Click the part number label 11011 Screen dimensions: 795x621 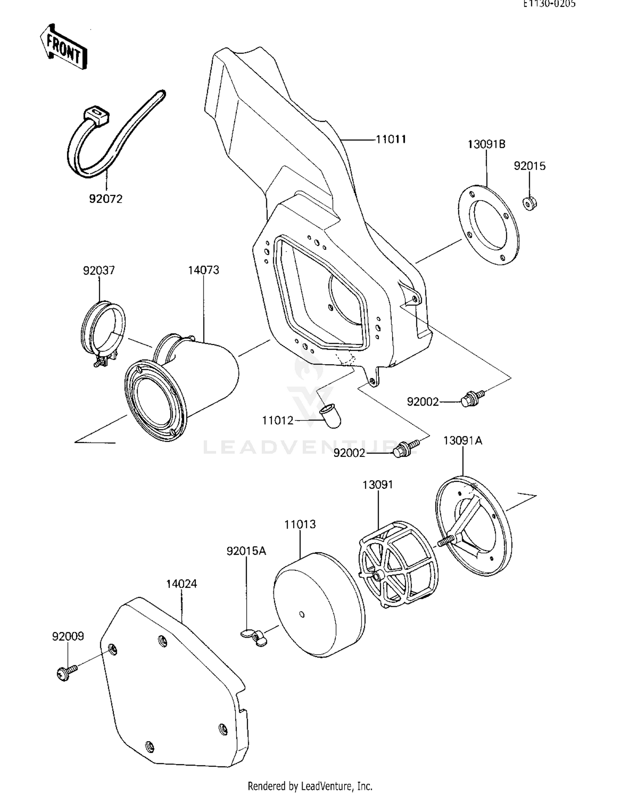point(390,139)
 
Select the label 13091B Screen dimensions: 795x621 point(486,144)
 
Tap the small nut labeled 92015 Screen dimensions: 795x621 point(529,203)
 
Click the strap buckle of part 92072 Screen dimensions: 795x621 point(96,114)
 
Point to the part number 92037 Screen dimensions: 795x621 point(99,271)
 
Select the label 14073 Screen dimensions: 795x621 point(203,270)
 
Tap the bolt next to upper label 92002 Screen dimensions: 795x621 point(471,398)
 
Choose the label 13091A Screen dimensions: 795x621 point(462,440)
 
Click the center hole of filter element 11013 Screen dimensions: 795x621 point(302,614)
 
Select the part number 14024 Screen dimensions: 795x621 point(181,584)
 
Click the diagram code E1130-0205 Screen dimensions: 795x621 point(549,4)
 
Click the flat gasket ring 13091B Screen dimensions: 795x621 point(489,225)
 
